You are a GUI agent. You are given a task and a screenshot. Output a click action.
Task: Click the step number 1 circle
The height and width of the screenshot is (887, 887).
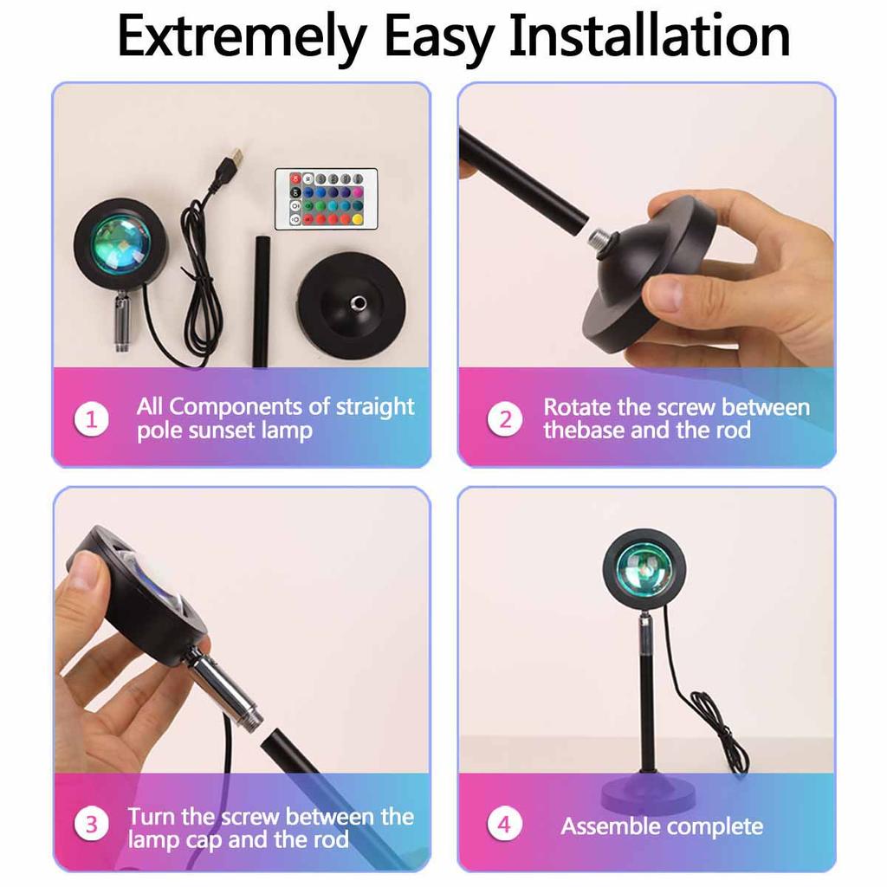pyautogui.click(x=91, y=419)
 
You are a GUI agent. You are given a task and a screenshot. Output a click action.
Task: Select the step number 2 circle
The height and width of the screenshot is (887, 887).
pyautogui.click(x=504, y=419)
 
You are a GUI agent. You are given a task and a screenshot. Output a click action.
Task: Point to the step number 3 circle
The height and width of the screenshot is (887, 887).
pyautogui.click(x=91, y=824)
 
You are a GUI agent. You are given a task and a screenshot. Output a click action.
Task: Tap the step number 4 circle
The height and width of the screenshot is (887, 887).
pyautogui.click(x=504, y=824)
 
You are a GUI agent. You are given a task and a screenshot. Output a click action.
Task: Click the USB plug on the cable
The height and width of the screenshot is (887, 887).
pyautogui.click(x=232, y=160)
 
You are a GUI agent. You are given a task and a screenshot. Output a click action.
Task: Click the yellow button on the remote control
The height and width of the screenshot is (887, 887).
pyautogui.click(x=357, y=219)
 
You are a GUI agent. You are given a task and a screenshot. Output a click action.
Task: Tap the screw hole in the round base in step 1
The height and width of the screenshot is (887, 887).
pyautogui.click(x=356, y=302)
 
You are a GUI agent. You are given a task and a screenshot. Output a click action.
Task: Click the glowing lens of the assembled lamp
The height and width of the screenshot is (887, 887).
pyautogui.click(x=644, y=568)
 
